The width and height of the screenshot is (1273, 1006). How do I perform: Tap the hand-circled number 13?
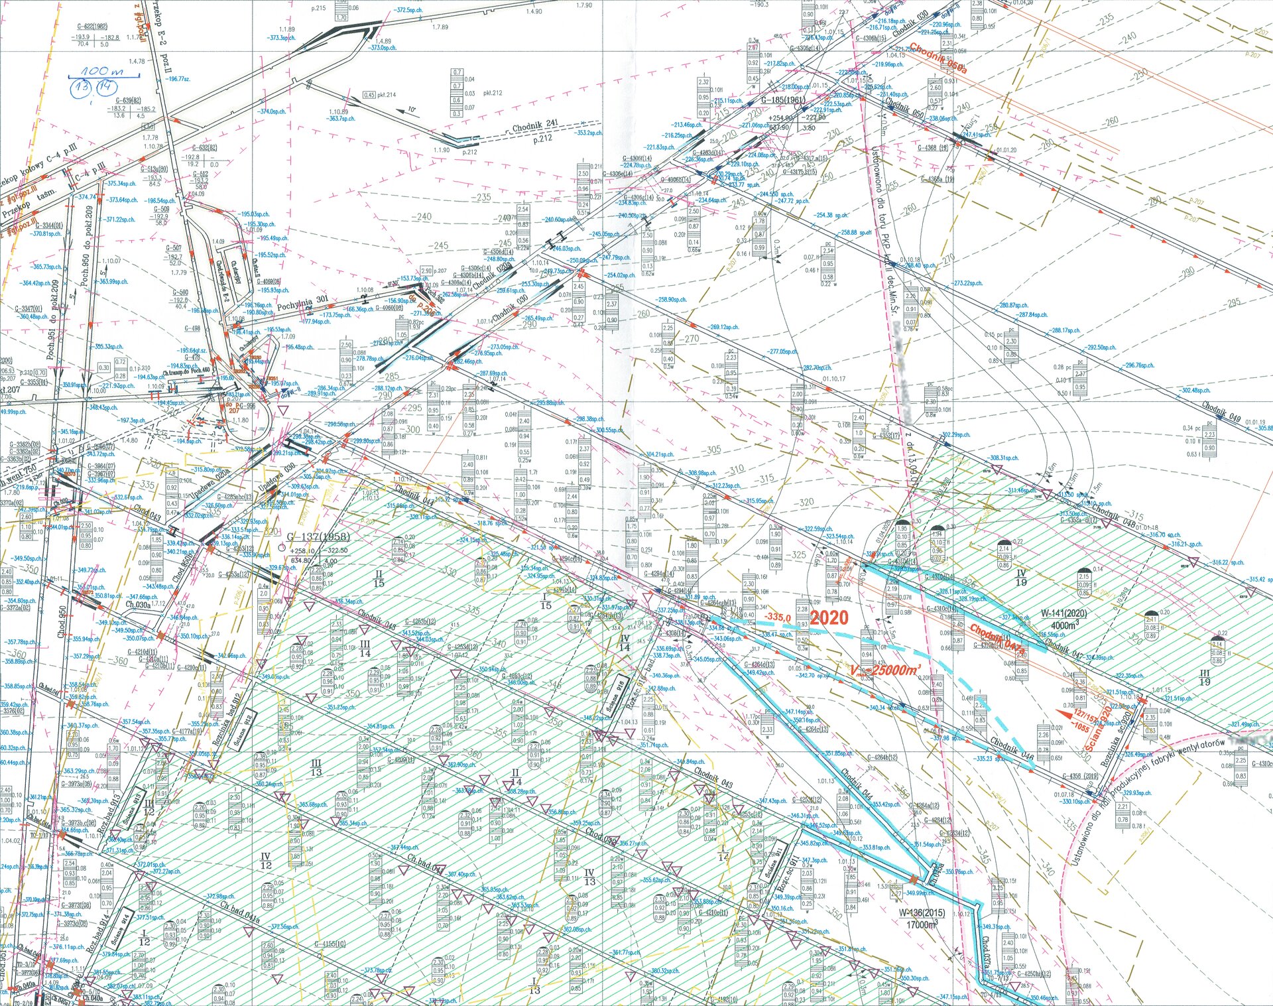(x=84, y=87)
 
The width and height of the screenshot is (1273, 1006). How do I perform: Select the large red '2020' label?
(x=829, y=617)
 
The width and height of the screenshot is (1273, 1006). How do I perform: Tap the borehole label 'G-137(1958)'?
(x=318, y=536)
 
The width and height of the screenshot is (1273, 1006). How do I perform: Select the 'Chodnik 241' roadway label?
(x=536, y=127)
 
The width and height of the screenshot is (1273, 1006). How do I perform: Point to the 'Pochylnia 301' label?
(x=302, y=303)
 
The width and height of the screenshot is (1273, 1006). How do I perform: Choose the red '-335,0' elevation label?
(x=777, y=617)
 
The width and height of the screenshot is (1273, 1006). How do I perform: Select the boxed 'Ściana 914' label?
(x=121, y=928)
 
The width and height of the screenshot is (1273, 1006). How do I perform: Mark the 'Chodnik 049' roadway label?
(x=1221, y=415)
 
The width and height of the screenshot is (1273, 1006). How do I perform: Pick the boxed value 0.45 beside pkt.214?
(x=369, y=95)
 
